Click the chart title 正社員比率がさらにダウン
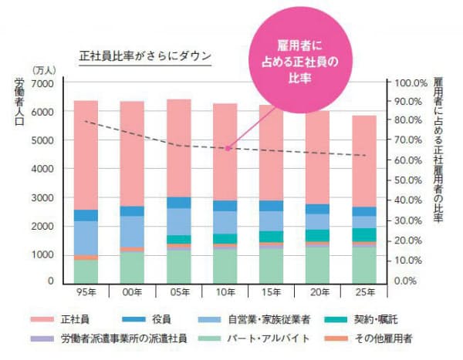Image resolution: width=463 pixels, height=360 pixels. (145, 56)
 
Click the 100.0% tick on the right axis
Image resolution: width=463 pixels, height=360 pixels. (411, 83)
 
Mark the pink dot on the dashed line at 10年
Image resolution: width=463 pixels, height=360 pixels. (228, 147)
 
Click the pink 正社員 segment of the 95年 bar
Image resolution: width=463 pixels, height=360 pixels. (86, 154)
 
